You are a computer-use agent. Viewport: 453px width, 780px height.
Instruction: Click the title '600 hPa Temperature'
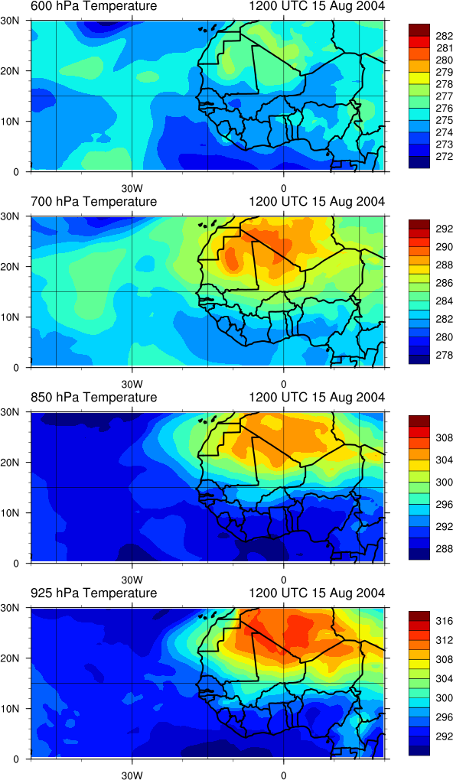(x=93, y=6)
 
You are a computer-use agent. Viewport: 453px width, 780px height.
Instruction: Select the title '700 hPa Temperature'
(x=93, y=202)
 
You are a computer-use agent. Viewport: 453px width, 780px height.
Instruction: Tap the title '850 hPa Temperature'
(x=93, y=398)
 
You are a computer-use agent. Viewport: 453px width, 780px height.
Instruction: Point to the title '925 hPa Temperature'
(x=93, y=593)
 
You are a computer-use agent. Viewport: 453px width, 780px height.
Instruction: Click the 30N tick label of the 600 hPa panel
(x=9, y=21)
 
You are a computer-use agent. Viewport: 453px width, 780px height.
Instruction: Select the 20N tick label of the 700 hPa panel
(x=9, y=266)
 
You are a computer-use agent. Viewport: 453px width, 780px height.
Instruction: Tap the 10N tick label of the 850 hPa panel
(x=9, y=512)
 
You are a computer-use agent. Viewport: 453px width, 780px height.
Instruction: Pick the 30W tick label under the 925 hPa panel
(x=132, y=775)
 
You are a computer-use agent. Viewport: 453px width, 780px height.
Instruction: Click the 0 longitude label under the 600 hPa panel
(x=283, y=189)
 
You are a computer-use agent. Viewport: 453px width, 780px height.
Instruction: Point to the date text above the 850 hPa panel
(x=316, y=398)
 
